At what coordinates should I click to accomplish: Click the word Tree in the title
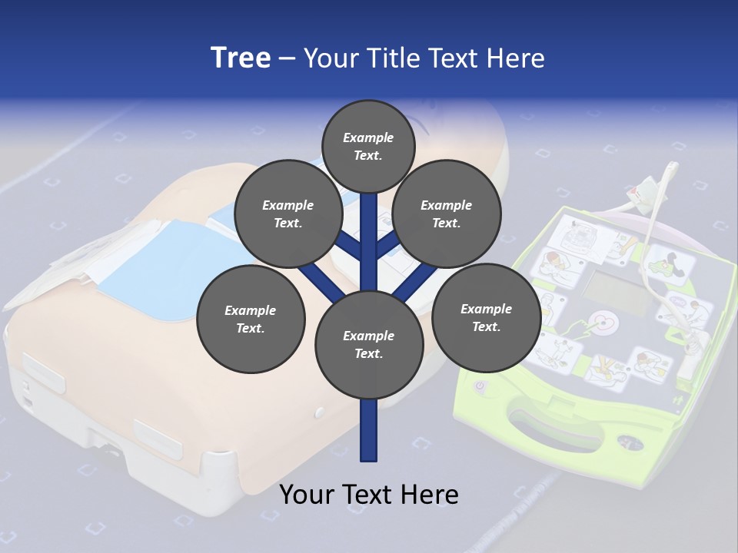[241, 58]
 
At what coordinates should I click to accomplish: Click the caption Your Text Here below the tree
[369, 495]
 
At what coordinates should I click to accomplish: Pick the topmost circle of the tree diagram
[368, 146]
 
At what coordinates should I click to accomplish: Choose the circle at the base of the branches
[369, 345]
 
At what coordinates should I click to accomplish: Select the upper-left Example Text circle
[288, 214]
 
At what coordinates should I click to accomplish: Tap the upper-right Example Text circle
[447, 214]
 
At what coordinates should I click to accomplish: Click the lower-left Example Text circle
[251, 320]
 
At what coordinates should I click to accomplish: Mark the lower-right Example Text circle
[486, 318]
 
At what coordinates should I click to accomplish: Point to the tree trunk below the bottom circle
[369, 430]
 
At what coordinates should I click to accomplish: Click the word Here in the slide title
[517, 58]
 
